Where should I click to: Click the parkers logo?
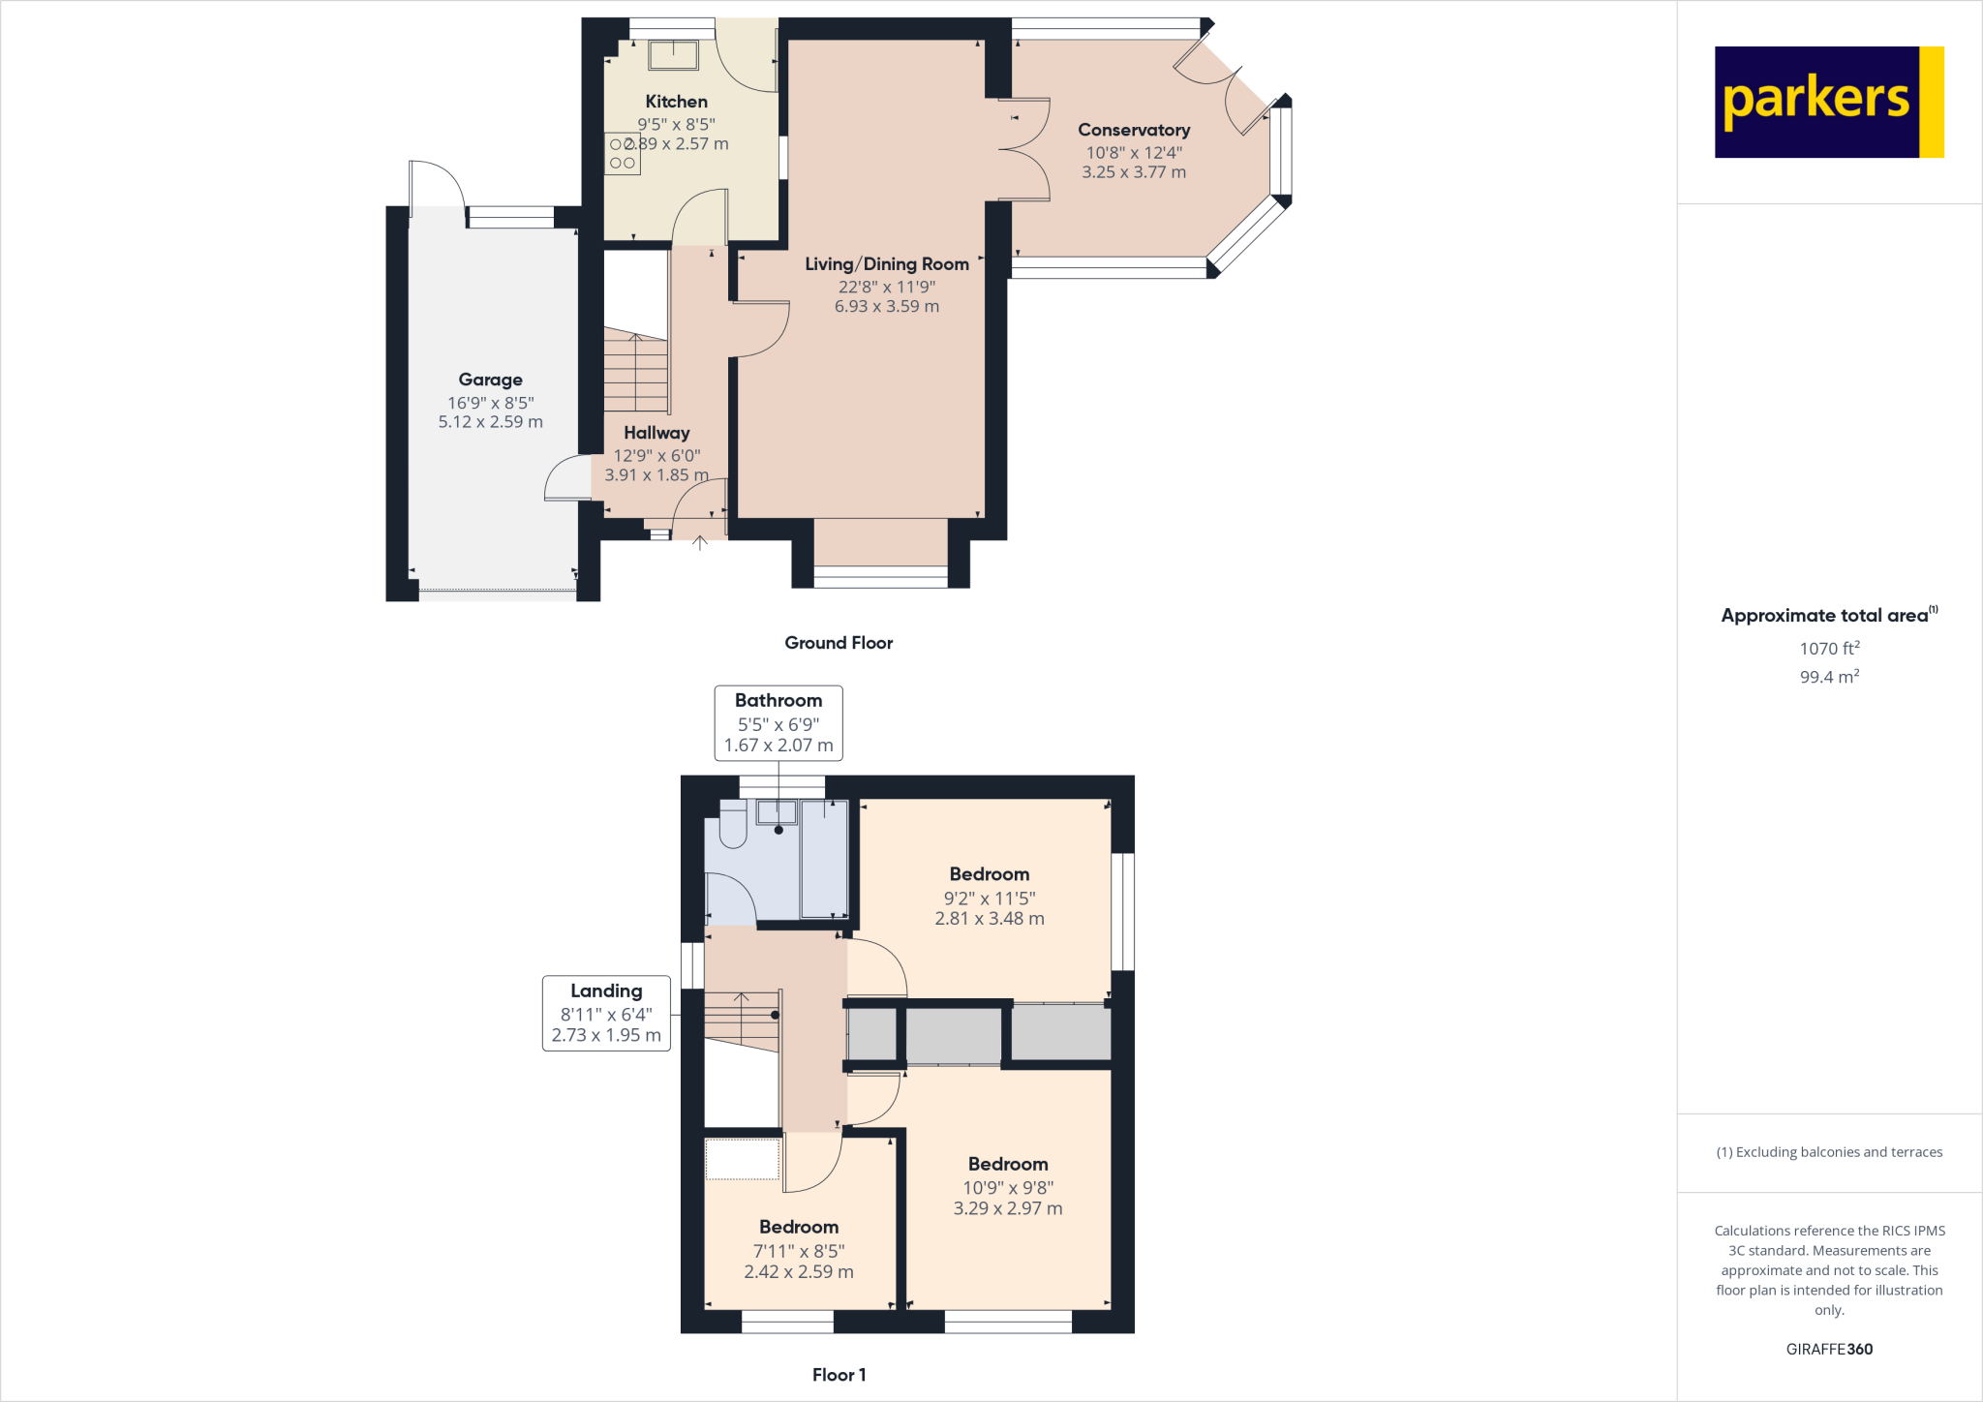(1828, 102)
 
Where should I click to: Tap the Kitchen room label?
(676, 102)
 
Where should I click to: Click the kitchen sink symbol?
(672, 55)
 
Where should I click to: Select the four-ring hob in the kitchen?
(623, 154)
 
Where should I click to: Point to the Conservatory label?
(1133, 130)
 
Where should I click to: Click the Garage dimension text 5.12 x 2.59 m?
(490, 422)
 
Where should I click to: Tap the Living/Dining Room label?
(886, 264)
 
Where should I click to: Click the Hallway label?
(656, 433)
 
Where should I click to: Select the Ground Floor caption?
(838, 643)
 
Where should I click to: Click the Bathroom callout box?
(778, 722)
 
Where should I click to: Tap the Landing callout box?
(606, 1013)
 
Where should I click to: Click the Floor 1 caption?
(839, 1375)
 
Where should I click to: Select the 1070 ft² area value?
(1828, 649)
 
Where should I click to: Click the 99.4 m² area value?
(1828, 677)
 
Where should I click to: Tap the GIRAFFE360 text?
(1828, 1349)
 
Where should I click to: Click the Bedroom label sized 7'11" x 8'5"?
(798, 1228)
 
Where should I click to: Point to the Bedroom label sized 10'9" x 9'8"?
(1007, 1165)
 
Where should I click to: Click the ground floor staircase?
(635, 372)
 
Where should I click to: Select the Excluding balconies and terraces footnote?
(1828, 1152)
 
